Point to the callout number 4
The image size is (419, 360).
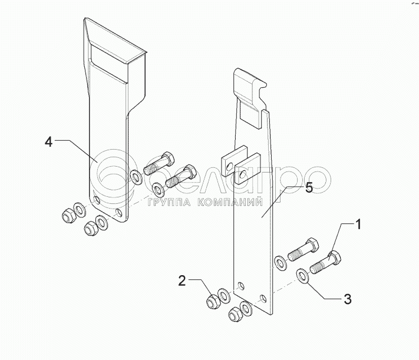[x=50, y=141]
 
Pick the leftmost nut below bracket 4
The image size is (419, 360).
[x=66, y=215]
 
